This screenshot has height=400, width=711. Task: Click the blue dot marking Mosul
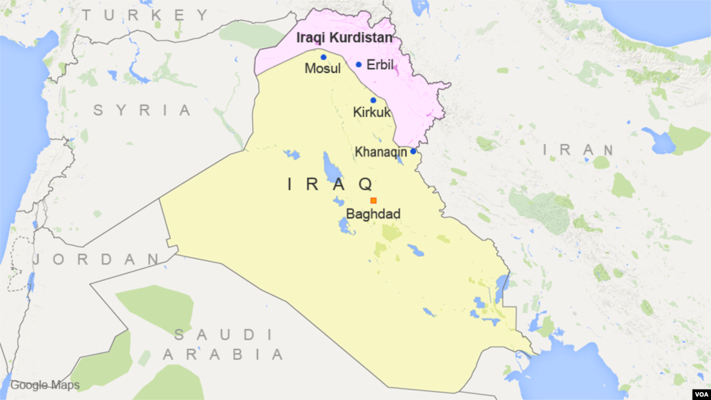pyautogui.click(x=323, y=57)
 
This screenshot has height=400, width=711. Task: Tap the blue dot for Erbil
pyautogui.click(x=359, y=64)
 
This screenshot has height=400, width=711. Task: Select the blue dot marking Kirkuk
pyautogui.click(x=373, y=100)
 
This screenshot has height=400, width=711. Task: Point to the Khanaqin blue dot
pyautogui.click(x=413, y=151)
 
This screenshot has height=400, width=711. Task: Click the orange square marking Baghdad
pyautogui.click(x=373, y=201)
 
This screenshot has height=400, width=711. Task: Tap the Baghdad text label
pyautogui.click(x=373, y=214)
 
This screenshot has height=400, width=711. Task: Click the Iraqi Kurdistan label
pyautogui.click(x=344, y=38)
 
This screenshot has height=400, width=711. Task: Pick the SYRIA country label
pyautogui.click(x=142, y=110)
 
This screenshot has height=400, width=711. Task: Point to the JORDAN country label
pyautogui.click(x=96, y=259)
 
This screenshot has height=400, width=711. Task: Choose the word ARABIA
pyautogui.click(x=223, y=355)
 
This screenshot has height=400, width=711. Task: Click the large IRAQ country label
pyautogui.click(x=331, y=184)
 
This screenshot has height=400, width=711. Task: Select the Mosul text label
pyautogui.click(x=323, y=69)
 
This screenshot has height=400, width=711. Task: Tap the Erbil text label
pyautogui.click(x=380, y=65)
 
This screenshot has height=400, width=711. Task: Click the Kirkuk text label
pyautogui.click(x=372, y=113)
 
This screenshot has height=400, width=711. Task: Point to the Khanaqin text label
pyautogui.click(x=381, y=152)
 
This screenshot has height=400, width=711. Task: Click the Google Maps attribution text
pyautogui.click(x=45, y=386)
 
